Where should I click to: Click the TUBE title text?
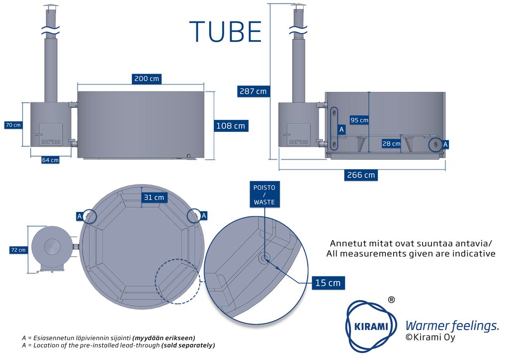click(x=226, y=31)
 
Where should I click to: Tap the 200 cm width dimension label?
click(x=147, y=79)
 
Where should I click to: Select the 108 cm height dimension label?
click(x=231, y=126)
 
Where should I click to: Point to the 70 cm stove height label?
click(x=13, y=125)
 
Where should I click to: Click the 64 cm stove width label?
click(x=50, y=160)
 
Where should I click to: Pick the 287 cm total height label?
click(x=253, y=91)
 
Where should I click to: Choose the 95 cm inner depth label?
click(x=359, y=120)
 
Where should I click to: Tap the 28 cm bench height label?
click(x=392, y=144)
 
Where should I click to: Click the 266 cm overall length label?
click(x=361, y=175)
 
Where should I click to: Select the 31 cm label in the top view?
click(x=154, y=197)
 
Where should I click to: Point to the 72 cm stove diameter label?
click(x=18, y=250)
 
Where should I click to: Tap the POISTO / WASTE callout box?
click(x=264, y=194)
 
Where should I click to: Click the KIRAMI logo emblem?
click(x=372, y=326)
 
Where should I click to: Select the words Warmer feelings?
click(x=452, y=326)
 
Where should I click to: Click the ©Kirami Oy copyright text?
click(x=430, y=338)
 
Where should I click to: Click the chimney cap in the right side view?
click(x=298, y=7)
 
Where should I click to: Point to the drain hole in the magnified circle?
click(x=264, y=258)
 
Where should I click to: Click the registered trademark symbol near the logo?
click(x=391, y=300)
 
